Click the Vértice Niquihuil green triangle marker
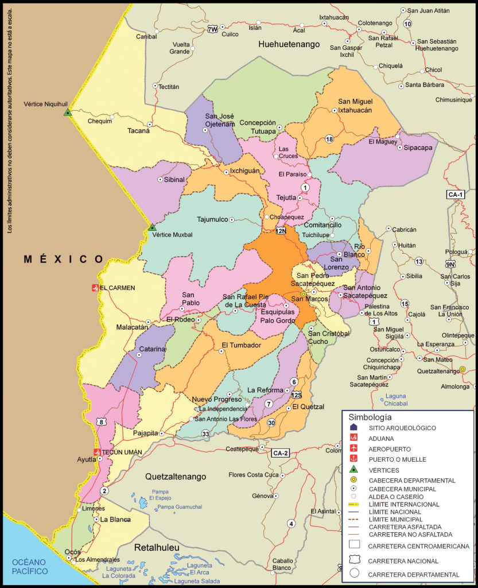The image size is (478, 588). click(68, 113)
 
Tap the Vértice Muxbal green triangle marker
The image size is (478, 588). click(152, 227)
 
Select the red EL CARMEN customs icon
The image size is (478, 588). click(95, 288)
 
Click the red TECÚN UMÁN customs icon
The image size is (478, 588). click(97, 452)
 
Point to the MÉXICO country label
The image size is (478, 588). click(63, 260)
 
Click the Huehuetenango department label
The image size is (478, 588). click(288, 44)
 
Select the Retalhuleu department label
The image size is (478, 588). click(157, 548)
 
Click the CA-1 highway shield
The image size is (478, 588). click(456, 195)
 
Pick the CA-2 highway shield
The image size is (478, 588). click(280, 453)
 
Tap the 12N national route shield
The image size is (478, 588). click(281, 231)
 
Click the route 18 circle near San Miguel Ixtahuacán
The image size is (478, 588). click(329, 139)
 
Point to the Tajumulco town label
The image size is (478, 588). click(212, 219)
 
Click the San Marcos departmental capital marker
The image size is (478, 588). click(304, 294)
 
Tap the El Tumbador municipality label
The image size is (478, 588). click(241, 345)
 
